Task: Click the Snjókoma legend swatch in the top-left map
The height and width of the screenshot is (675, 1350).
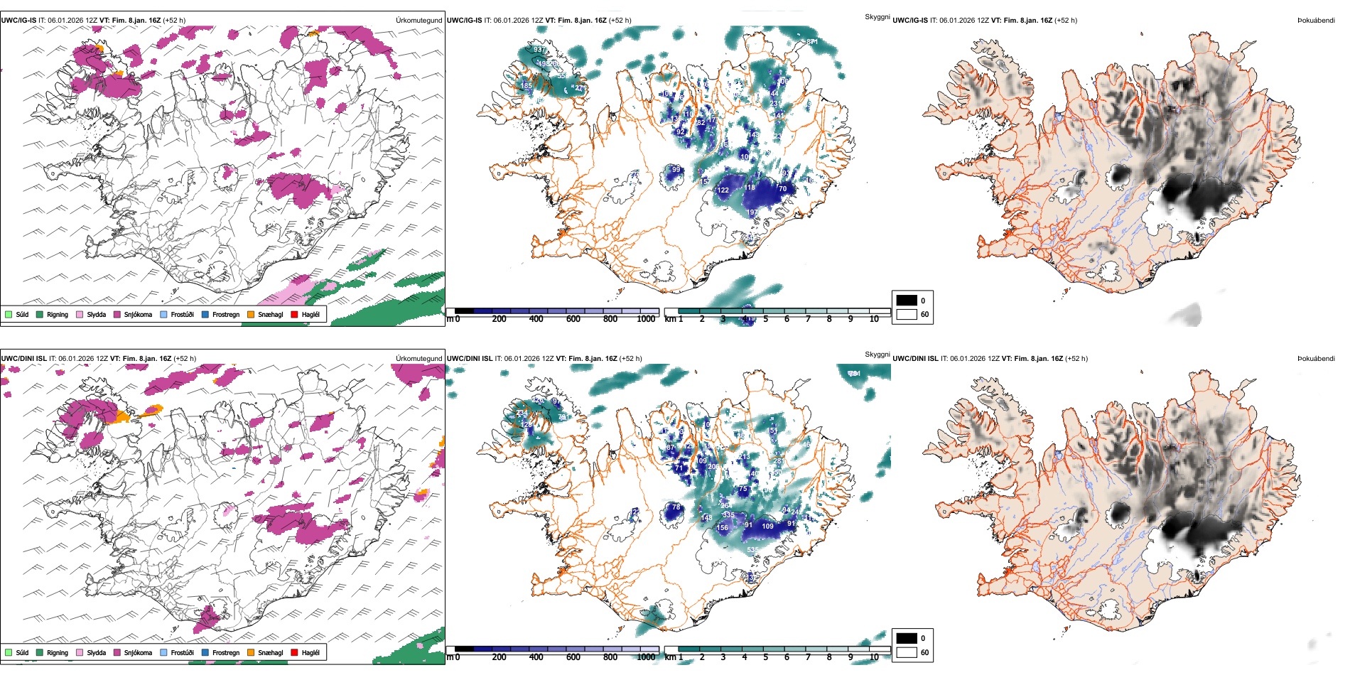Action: pos(117,314)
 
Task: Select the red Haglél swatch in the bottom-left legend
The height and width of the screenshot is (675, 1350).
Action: pos(294,652)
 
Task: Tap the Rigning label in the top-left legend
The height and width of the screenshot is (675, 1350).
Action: pos(58,314)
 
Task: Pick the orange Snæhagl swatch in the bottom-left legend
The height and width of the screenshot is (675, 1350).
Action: pos(251,652)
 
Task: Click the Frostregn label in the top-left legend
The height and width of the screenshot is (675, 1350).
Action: pos(226,314)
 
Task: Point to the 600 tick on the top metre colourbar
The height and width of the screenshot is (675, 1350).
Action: pos(573,319)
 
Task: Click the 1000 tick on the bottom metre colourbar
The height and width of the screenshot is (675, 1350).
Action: pos(646,657)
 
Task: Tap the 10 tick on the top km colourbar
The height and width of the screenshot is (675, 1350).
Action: pos(874,319)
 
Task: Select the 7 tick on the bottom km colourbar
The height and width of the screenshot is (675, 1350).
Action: pos(808,657)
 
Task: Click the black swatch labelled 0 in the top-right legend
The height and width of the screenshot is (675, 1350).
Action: pos(907,301)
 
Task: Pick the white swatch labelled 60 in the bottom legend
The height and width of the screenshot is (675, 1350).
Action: pos(907,652)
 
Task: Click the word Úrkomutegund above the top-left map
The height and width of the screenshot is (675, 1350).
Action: pos(418,21)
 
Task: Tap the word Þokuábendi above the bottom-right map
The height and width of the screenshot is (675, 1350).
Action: pos(1316,359)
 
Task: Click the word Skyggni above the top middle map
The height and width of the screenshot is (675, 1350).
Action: pos(877,17)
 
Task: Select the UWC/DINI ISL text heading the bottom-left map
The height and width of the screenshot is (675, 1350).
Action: pos(23,359)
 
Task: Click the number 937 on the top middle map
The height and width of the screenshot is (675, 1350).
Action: pos(540,50)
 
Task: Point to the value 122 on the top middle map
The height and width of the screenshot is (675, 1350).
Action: pos(723,190)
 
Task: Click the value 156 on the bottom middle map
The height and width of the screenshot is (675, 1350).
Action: pos(722,528)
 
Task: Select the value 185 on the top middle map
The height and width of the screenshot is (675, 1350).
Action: pos(526,86)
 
